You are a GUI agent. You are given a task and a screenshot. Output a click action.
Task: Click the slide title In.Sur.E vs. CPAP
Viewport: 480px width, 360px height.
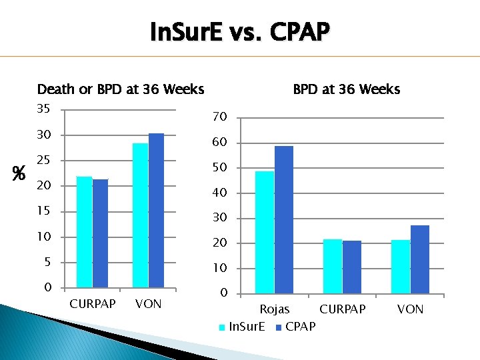pos(240,31)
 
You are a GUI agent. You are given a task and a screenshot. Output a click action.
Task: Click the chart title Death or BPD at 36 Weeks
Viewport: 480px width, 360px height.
pos(121,89)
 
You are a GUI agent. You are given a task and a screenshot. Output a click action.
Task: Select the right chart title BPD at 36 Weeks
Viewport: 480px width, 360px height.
pos(347,89)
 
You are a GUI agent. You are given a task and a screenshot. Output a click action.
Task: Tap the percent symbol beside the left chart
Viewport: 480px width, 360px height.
pos(19,174)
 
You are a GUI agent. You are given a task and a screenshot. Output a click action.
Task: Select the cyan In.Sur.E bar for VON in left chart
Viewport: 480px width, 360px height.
pos(140,215)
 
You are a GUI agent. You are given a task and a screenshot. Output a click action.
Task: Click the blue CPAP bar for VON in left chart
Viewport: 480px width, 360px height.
pos(156,211)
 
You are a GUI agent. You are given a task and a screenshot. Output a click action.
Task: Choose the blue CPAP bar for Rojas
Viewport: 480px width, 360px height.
pos(283,219)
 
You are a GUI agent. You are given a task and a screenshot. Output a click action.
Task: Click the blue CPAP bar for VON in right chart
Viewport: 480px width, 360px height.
pos(420,259)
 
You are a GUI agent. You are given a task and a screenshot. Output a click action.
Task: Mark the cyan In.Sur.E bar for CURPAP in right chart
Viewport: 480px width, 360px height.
pos(332,266)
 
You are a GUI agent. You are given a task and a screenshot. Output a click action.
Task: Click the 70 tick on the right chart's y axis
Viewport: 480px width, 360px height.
pos(220,117)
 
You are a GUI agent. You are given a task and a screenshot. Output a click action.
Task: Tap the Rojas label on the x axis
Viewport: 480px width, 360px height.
pos(274,309)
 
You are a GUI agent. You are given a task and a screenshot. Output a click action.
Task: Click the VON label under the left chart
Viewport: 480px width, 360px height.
pos(148,304)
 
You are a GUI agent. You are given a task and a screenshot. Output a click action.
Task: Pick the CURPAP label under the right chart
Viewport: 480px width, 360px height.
pos(343,309)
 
